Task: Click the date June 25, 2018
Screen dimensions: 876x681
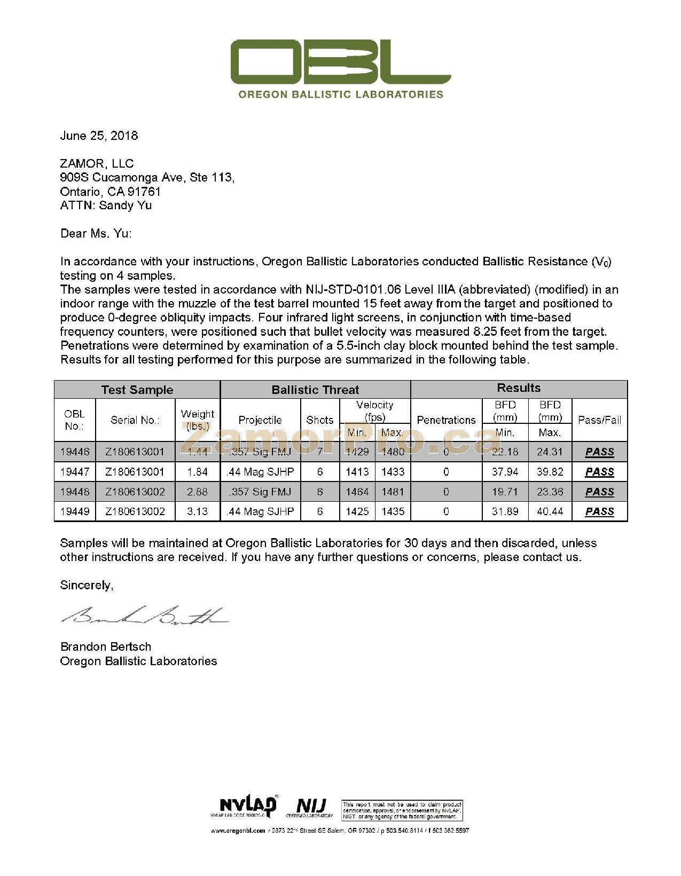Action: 99,136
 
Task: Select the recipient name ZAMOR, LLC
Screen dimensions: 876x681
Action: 97,163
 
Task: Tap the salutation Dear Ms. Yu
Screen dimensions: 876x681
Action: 96,233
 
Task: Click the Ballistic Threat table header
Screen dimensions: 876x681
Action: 315,390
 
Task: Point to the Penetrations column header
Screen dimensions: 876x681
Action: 446,420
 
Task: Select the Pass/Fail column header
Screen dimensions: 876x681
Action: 599,420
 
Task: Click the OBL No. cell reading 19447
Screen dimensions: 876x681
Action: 75,472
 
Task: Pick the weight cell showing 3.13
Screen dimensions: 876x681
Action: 197,511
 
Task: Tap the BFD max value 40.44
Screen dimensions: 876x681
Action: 550,511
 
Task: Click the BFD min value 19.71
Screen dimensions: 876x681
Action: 505,492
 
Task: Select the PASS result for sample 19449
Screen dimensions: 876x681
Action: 599,511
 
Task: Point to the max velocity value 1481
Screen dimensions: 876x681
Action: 393,492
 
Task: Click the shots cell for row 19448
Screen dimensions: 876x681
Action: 320,492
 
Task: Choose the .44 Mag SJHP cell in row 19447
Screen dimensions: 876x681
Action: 260,472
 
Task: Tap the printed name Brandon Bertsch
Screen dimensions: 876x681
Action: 106,646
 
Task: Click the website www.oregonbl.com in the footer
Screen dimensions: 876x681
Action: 238,831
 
